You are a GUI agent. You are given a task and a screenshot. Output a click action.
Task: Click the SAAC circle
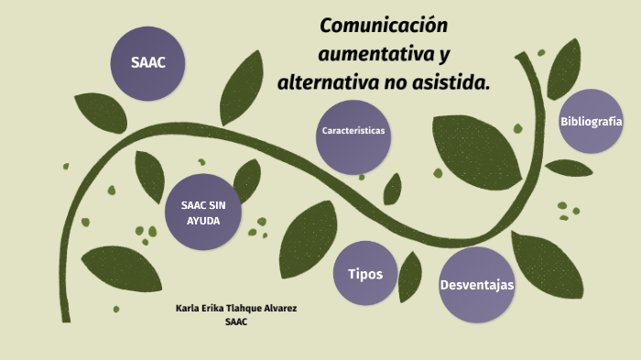tap(147, 62)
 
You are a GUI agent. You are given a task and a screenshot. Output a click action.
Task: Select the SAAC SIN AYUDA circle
tap(203, 213)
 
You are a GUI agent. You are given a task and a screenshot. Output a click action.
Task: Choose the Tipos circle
tap(365, 274)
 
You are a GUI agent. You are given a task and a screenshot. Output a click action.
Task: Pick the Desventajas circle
tap(476, 285)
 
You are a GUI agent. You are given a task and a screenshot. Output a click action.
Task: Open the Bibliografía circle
tap(591, 121)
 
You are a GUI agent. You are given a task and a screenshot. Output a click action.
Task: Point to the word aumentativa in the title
tap(373, 54)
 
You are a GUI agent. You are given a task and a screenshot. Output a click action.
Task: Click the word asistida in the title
tap(451, 83)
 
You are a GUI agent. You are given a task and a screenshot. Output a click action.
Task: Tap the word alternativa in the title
tap(327, 83)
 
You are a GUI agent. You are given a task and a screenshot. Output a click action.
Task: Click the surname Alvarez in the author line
tap(277, 308)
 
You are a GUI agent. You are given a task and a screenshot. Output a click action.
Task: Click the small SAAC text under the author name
tap(236, 322)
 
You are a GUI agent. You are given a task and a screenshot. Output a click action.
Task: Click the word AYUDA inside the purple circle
tap(203, 221)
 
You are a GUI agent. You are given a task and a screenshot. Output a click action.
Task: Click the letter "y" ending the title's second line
tap(444, 56)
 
